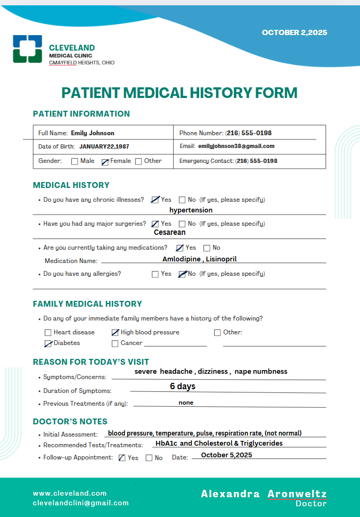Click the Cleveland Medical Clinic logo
click(27, 48)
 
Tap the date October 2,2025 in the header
click(294, 32)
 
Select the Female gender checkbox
click(105, 161)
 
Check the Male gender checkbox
click(75, 161)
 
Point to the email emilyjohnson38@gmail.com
click(236, 146)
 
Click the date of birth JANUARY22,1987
click(104, 146)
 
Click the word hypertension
click(191, 210)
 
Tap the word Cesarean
click(170, 232)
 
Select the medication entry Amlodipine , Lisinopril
click(200, 259)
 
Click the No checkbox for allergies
click(182, 274)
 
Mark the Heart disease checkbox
click(48, 333)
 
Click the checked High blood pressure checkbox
click(115, 332)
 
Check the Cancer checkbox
click(115, 344)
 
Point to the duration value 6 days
click(183, 386)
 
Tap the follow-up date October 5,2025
click(226, 455)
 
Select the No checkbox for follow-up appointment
click(149, 458)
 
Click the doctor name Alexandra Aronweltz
click(264, 494)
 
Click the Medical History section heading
click(71, 185)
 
